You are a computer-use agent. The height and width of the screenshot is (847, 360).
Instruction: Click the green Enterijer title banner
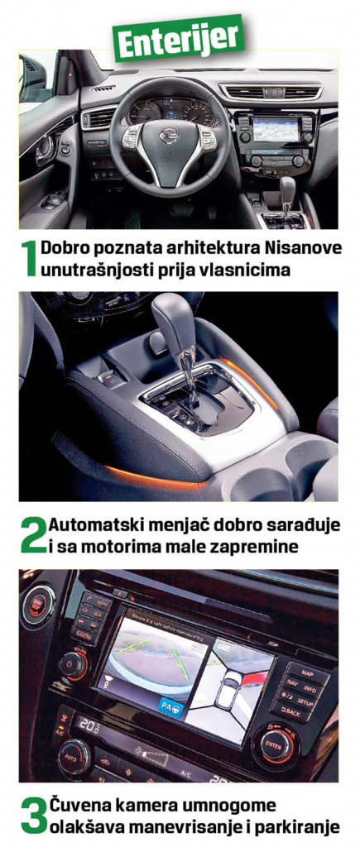click(180, 36)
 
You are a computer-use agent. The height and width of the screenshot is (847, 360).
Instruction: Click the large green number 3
click(32, 816)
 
